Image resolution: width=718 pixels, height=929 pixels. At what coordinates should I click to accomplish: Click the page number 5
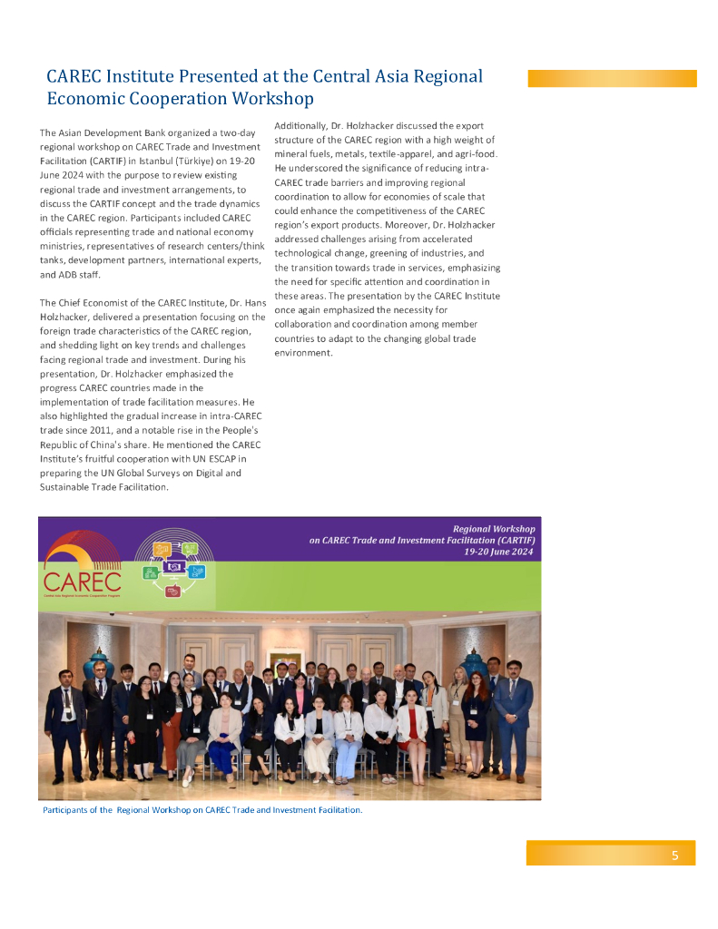click(x=674, y=855)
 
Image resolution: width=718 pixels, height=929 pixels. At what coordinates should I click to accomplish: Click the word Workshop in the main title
click(x=272, y=98)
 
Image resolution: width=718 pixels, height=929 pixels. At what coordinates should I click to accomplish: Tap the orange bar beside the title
click(x=612, y=79)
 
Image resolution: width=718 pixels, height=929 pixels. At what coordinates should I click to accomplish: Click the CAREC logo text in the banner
click(x=82, y=578)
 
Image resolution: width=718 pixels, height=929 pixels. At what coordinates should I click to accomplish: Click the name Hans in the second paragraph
click(x=254, y=302)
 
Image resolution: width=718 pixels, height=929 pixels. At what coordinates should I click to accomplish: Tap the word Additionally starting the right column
click(x=300, y=125)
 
